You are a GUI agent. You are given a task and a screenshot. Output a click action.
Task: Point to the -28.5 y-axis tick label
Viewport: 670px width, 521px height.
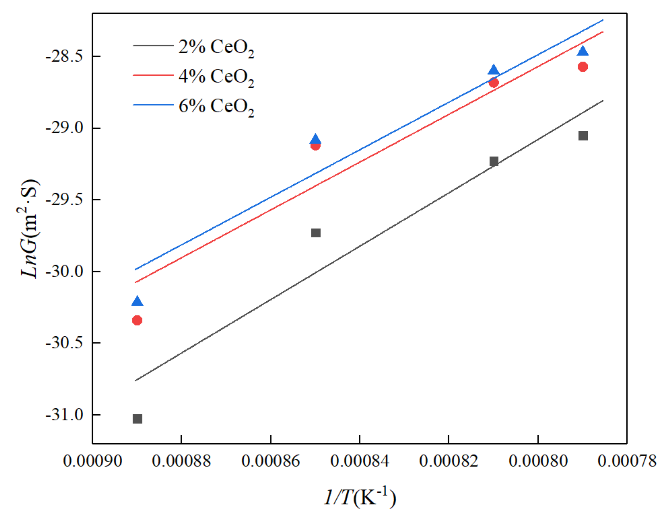point(65,57)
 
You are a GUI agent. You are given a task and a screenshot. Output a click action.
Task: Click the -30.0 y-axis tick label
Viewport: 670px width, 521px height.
point(65,271)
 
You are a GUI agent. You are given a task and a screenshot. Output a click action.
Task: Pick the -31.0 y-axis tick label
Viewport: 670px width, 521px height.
point(65,415)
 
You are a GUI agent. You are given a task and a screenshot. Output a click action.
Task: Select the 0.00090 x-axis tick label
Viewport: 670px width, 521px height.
point(92,461)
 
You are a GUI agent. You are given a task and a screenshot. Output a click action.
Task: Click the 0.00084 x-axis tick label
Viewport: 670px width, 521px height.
point(359,461)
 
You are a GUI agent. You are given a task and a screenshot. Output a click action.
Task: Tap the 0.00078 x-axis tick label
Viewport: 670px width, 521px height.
point(627,461)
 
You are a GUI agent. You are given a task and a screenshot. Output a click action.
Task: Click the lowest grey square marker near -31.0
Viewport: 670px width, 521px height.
point(138,419)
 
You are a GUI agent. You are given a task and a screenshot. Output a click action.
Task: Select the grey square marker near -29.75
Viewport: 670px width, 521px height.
point(316,233)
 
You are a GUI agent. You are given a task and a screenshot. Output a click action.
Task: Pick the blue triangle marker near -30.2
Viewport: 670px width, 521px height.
point(137,301)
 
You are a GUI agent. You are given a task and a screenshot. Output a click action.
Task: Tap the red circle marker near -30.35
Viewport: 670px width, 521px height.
point(137,320)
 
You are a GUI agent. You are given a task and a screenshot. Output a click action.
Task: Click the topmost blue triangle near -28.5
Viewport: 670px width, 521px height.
point(583,51)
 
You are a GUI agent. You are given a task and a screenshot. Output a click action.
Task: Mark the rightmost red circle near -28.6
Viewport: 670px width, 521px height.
point(583,67)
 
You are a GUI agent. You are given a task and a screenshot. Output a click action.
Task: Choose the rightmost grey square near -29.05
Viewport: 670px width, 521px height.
point(583,136)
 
